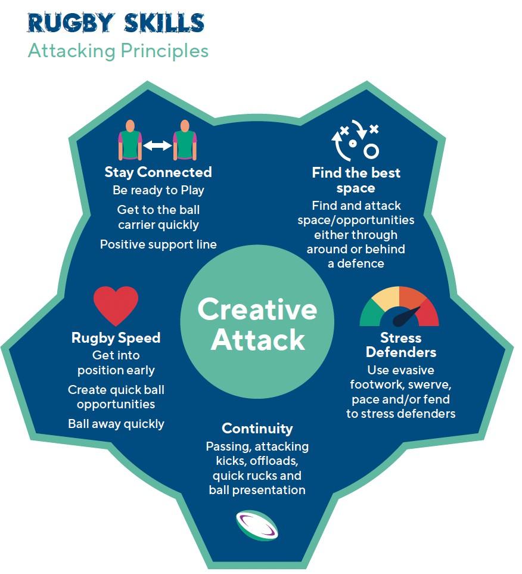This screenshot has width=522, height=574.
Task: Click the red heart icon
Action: click(116, 305)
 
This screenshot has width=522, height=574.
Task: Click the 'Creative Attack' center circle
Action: click(257, 325)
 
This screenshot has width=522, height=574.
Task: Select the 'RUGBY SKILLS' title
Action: click(116, 23)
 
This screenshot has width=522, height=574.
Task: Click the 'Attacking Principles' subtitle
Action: click(118, 51)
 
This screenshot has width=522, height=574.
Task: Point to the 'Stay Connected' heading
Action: click(158, 172)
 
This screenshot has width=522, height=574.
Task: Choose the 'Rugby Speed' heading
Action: click(116, 338)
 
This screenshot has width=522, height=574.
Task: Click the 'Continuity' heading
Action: click(257, 429)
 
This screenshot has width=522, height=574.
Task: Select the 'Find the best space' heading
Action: click(356, 180)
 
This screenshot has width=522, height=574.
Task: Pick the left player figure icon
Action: click(130, 141)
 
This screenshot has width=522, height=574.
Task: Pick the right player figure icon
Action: click(185, 141)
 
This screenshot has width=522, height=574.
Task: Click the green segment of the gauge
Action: click(370, 313)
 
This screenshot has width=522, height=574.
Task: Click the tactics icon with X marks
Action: click(356, 141)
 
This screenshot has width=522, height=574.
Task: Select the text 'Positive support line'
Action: click(158, 244)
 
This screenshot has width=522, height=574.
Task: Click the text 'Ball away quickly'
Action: click(116, 424)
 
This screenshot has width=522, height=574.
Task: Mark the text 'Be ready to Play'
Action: click(158, 191)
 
